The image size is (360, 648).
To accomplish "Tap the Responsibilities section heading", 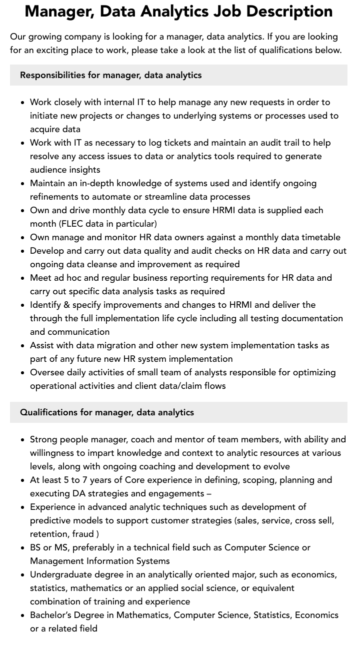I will pos(110,75).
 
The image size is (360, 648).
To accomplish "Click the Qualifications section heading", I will pos(106,412).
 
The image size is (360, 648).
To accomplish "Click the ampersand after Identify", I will pos(66,305).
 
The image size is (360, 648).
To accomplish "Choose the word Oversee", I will pos(47,372).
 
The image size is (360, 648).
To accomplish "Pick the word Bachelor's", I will pos(52,615).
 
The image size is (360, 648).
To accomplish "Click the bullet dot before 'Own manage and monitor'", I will pos(23,238).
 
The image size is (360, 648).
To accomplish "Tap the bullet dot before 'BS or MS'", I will pos(23,548).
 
